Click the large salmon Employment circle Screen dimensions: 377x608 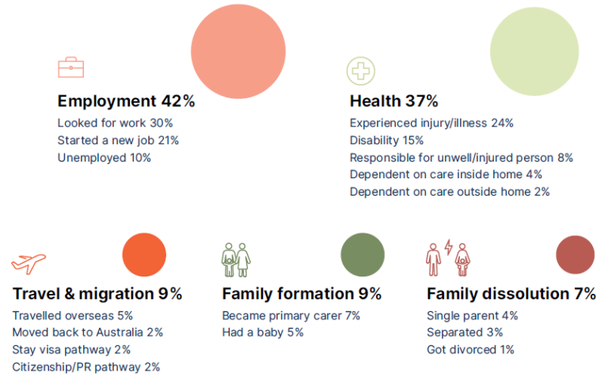(238, 51)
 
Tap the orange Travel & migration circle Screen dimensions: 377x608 (144, 255)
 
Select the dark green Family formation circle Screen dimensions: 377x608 (363, 255)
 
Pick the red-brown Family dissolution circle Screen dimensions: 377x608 (576, 255)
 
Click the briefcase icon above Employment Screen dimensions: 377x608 (71, 67)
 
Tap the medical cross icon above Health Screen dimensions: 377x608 (360, 70)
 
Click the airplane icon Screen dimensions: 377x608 (28, 262)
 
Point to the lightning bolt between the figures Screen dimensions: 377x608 (448, 248)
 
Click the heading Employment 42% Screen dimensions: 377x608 (126, 101)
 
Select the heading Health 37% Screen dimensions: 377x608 (393, 101)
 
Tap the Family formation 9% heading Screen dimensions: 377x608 (302, 294)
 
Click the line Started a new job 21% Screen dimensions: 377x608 (118, 140)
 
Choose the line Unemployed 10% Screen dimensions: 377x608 (104, 157)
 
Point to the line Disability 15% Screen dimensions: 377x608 (387, 140)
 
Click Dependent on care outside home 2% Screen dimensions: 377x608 (450, 191)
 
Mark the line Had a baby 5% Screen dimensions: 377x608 (263, 332)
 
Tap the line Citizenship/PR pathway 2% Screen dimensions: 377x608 (86, 366)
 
